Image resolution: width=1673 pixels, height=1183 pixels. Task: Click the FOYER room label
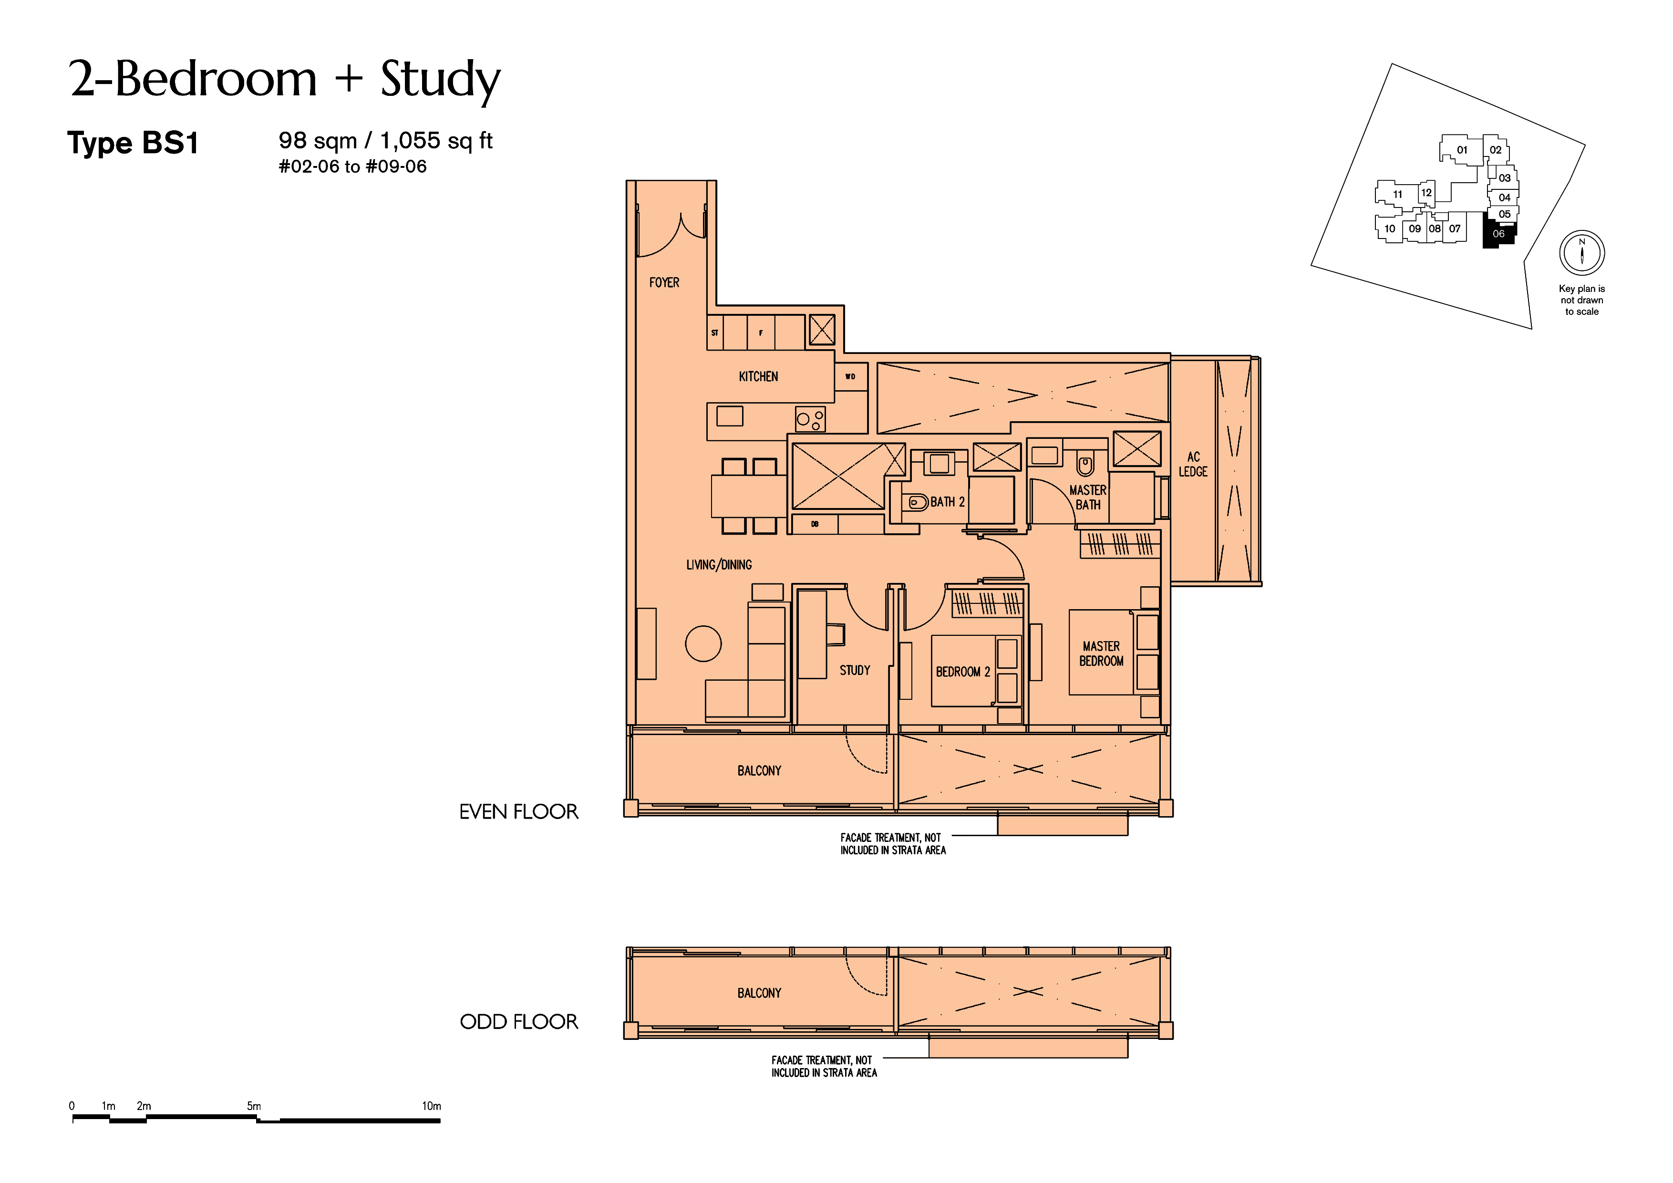coord(664,282)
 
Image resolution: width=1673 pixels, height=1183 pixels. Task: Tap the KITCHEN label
coord(758,376)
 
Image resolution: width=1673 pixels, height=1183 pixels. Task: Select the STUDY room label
coord(855,670)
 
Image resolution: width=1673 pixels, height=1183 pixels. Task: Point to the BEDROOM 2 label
coord(962,671)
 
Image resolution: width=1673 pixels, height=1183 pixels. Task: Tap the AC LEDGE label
coord(1193,464)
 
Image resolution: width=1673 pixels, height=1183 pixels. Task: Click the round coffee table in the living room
coord(703,643)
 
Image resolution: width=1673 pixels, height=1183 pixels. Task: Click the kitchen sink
coord(729,416)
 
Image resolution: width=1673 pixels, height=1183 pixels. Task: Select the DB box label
coord(815,524)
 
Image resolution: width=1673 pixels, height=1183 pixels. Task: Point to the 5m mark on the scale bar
coord(254,1106)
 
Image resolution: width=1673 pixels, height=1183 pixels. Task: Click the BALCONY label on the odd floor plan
coord(759,993)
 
